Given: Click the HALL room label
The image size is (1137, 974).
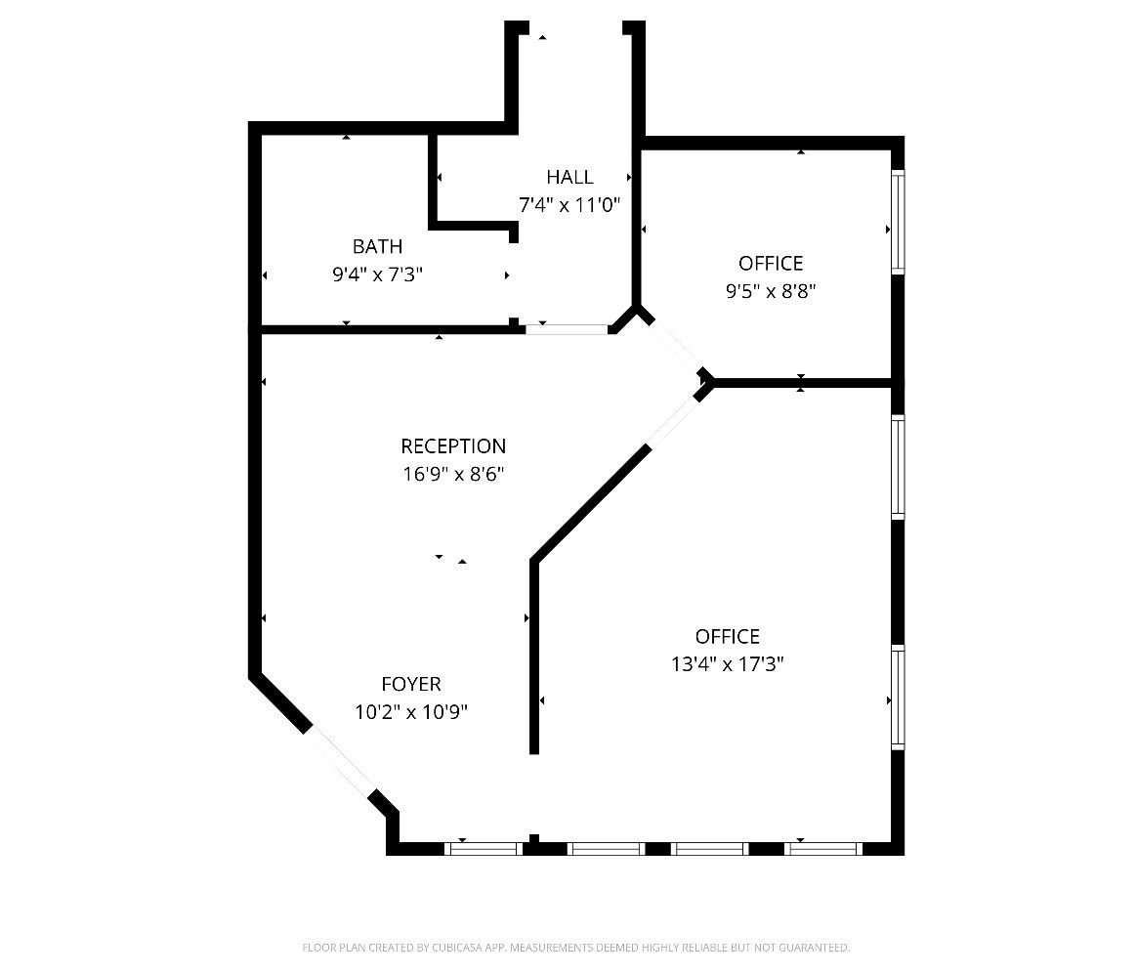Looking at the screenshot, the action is pyautogui.click(x=569, y=177).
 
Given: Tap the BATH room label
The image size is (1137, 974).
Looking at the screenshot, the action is pyautogui.click(x=377, y=246).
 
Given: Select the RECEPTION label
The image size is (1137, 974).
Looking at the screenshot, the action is pyautogui.click(x=453, y=446).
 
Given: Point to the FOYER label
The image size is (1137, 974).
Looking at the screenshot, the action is pyautogui.click(x=411, y=684).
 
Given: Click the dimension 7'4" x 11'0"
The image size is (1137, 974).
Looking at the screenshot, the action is pyautogui.click(x=569, y=205).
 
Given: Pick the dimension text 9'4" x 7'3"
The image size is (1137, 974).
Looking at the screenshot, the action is pyautogui.click(x=377, y=275).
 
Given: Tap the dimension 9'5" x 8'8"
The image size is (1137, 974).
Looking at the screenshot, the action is pyautogui.click(x=771, y=291).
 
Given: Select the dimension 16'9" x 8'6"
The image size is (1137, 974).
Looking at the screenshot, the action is pyautogui.click(x=453, y=475).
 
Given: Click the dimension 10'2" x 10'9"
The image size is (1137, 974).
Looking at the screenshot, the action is pyautogui.click(x=411, y=712).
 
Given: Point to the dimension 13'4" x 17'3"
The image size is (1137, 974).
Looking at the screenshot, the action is pyautogui.click(x=728, y=664).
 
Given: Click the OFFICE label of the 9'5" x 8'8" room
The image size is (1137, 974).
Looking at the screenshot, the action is pyautogui.click(x=771, y=263).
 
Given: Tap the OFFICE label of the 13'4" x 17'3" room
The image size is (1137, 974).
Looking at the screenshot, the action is pyautogui.click(x=728, y=637).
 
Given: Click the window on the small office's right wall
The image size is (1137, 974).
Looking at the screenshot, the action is pyautogui.click(x=898, y=222).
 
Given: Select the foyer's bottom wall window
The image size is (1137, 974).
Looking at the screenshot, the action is pyautogui.click(x=483, y=849).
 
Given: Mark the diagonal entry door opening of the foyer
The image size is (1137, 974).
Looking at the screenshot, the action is pyautogui.click(x=340, y=761).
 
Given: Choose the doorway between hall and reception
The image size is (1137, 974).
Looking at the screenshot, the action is pyautogui.click(x=568, y=329).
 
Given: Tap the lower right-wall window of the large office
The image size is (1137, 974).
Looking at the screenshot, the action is pyautogui.click(x=898, y=697).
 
